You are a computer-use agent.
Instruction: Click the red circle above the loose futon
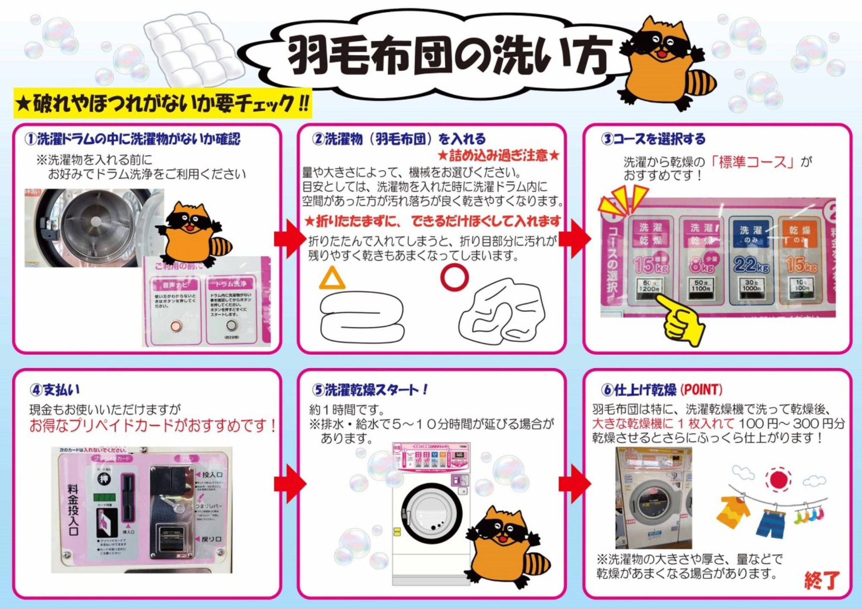(454, 277)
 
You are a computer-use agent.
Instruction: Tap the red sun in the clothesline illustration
(778, 479)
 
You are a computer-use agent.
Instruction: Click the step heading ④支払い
(55, 390)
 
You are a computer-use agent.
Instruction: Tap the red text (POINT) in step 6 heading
(701, 390)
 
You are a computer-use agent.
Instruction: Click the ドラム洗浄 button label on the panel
(231, 284)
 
